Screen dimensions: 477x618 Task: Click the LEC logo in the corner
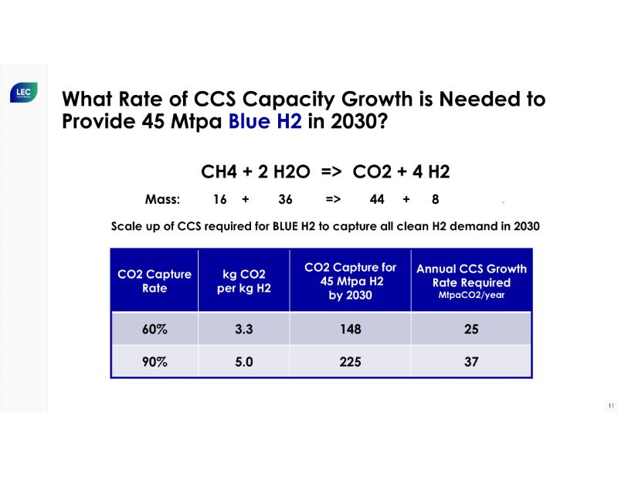22,93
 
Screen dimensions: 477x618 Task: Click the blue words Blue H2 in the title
264,121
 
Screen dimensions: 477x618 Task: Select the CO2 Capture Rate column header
154,281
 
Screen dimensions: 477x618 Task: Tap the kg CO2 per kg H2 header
243,281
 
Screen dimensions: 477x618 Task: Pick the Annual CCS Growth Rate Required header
471,280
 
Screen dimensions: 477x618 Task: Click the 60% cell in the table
154,329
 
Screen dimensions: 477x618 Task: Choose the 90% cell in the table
154,361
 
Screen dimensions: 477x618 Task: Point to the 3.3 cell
244,329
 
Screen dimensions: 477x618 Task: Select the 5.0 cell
244,361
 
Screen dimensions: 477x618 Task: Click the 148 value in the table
350,329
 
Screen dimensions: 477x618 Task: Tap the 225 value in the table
350,361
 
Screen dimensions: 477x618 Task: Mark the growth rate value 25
471,329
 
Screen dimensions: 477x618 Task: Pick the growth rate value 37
471,361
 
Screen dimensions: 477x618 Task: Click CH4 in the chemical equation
219,172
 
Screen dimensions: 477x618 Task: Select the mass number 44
377,199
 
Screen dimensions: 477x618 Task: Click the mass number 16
220,199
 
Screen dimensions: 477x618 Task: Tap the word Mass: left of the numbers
162,199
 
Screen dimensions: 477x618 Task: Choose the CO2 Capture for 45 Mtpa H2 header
350,281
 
